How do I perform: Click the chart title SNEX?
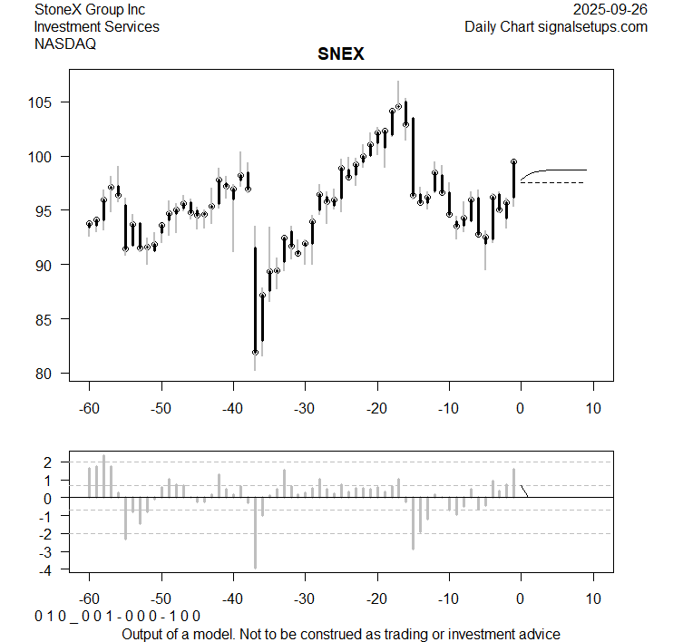tap(341, 54)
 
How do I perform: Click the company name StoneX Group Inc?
tap(90, 10)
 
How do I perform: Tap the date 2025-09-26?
tap(610, 10)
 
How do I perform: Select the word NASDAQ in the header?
tap(65, 44)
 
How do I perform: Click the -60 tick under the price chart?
tap(89, 408)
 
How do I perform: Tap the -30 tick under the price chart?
tap(305, 408)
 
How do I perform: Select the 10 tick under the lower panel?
tap(593, 598)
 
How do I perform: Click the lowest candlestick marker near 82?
tap(256, 352)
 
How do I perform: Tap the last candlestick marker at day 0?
tap(514, 161)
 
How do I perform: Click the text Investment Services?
tap(96, 27)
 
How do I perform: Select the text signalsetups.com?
tap(593, 27)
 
